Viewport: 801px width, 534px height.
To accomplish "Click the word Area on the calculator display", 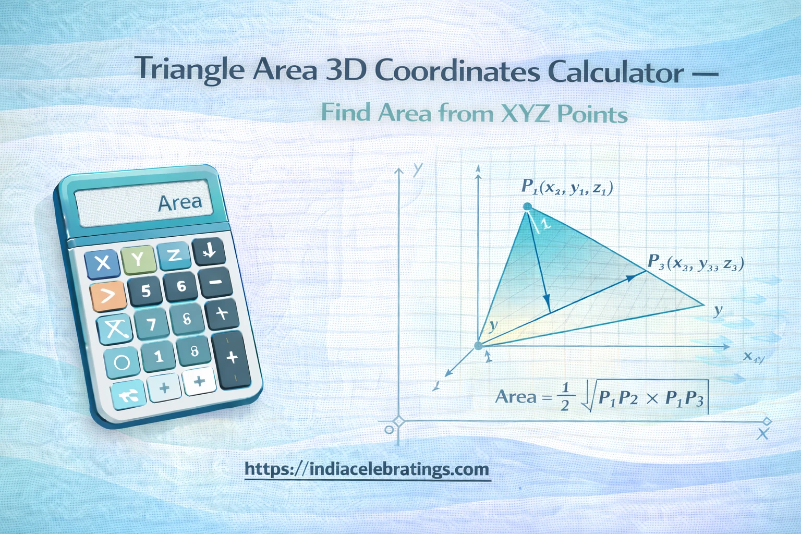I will click(x=180, y=202).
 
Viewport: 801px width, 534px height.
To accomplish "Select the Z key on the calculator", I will click(x=174, y=255).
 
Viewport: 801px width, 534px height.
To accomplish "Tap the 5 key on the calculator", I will click(x=145, y=291).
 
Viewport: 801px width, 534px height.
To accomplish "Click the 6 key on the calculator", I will click(x=181, y=286).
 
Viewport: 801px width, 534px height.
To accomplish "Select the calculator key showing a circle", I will click(x=122, y=362).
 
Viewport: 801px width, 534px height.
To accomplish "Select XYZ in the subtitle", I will click(x=526, y=113).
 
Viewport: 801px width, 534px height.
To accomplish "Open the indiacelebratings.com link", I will click(x=367, y=469).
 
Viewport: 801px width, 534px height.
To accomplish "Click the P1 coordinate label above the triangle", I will click(x=567, y=187).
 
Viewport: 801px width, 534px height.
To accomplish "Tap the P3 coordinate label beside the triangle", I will click(x=695, y=263).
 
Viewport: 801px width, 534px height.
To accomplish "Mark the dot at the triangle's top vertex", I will click(x=527, y=207).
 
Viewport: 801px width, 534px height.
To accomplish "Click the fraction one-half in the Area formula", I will click(x=564, y=397).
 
